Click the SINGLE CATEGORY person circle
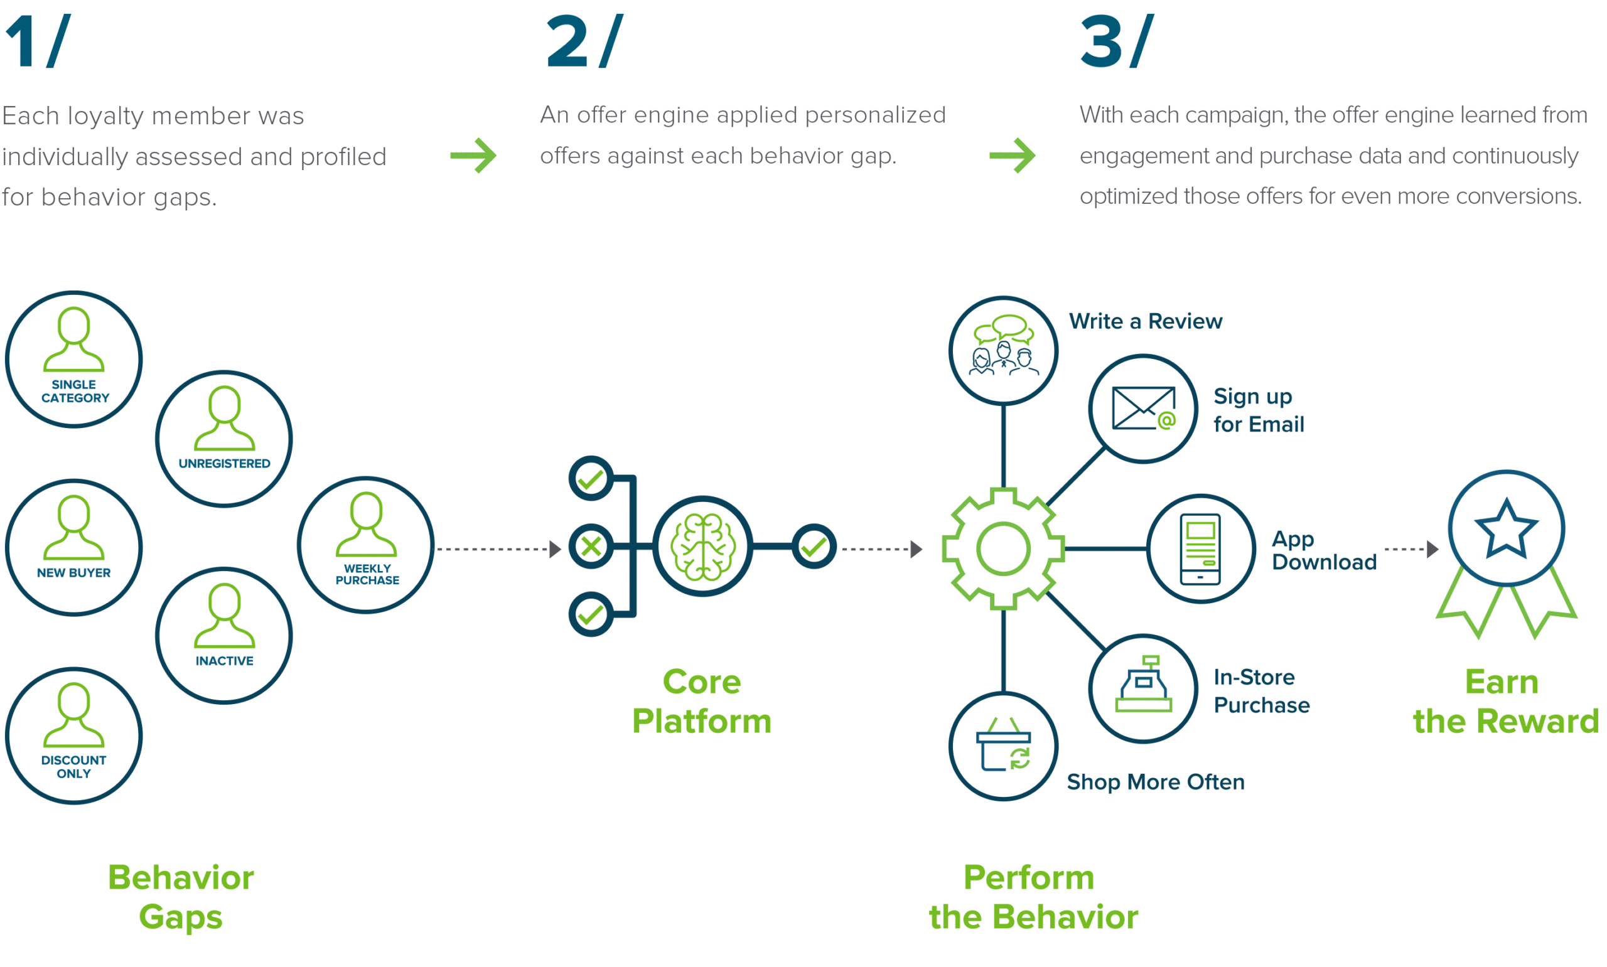(x=73, y=359)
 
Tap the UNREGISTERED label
(x=224, y=464)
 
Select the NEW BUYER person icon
(x=73, y=527)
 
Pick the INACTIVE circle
(x=223, y=635)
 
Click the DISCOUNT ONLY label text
(x=73, y=767)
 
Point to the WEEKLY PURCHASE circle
(x=365, y=545)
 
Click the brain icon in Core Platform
(x=702, y=547)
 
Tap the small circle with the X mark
(x=591, y=546)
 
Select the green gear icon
(x=1003, y=548)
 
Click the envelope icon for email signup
(x=1143, y=409)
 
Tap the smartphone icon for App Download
(x=1200, y=548)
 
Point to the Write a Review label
(x=1145, y=321)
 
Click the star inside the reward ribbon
(x=1505, y=528)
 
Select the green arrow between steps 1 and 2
(x=473, y=155)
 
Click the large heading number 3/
(x=1116, y=42)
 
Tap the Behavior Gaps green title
(x=181, y=897)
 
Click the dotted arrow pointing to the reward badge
(x=1410, y=548)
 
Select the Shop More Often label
(x=1155, y=782)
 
